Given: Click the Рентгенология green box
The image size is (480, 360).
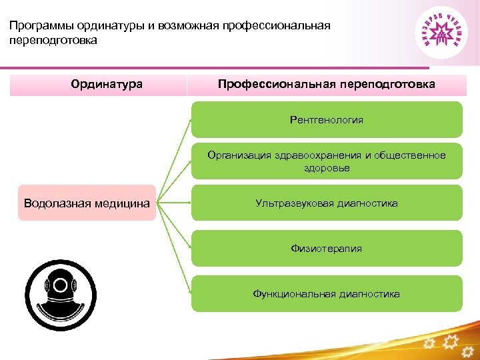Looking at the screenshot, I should [327, 120].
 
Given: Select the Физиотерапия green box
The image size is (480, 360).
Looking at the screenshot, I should [327, 248].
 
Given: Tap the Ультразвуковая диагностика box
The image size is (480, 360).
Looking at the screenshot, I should [327, 203].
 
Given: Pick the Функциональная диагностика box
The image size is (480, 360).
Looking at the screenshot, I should [327, 293].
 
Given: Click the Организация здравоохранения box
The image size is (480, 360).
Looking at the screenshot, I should [327, 161].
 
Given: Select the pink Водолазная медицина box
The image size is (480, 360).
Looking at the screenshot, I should [87, 203].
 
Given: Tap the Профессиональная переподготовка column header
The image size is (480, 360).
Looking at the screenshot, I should [327, 85].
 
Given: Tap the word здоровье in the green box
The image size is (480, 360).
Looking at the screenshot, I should [327, 168].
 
